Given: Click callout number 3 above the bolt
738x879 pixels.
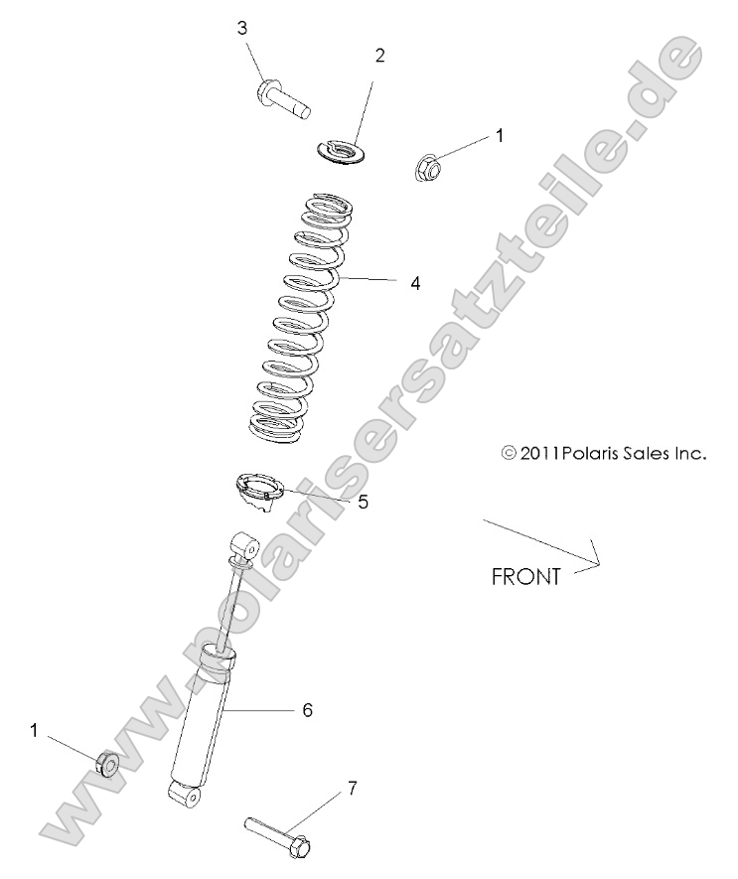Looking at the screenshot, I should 241,27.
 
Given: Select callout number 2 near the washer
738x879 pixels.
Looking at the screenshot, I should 379,56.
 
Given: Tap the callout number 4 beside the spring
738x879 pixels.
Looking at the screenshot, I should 415,283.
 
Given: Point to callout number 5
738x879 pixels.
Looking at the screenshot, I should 363,503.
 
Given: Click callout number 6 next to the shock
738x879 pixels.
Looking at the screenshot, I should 307,710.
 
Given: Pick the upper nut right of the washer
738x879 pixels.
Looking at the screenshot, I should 428,165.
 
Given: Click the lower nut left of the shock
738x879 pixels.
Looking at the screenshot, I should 106,764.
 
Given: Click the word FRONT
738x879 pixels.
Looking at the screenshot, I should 526,576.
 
